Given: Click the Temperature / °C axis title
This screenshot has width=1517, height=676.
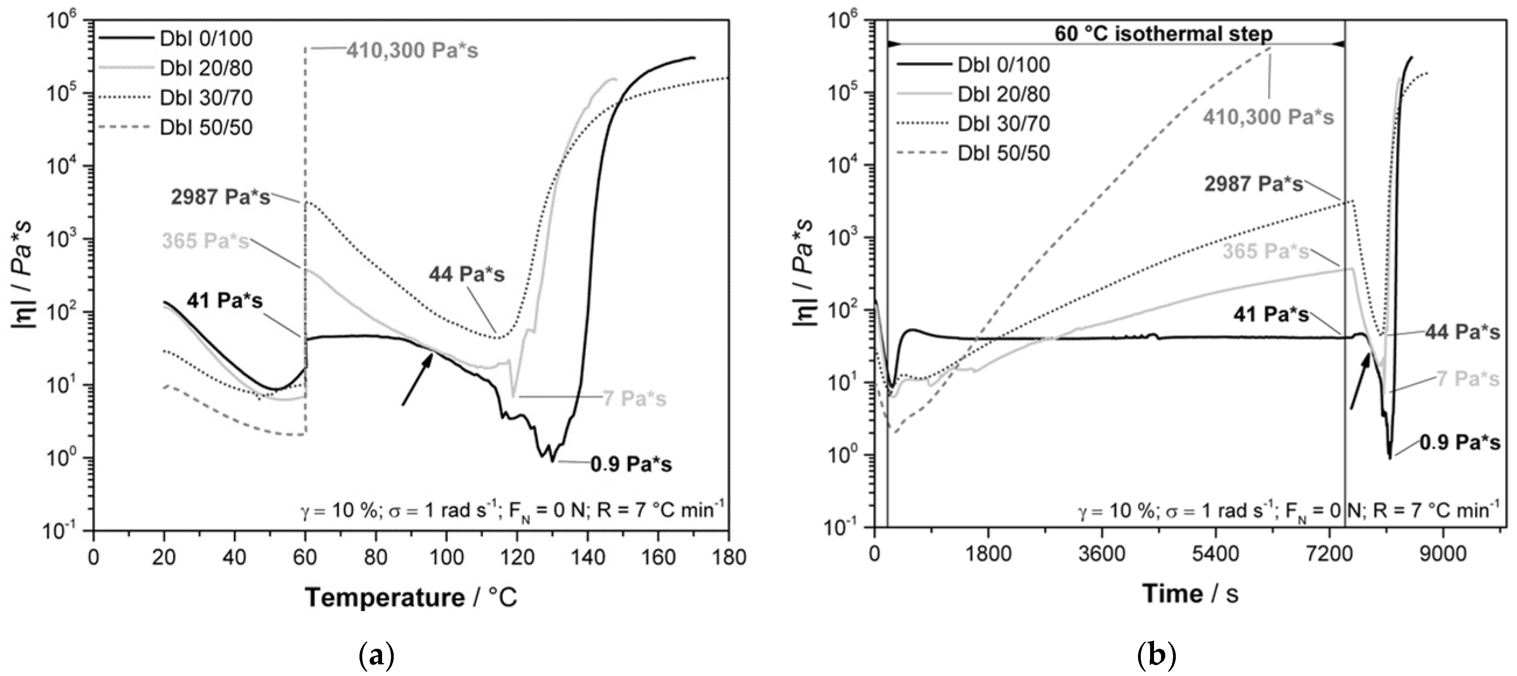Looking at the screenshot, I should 411,598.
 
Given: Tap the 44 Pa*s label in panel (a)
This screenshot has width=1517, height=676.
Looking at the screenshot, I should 466,274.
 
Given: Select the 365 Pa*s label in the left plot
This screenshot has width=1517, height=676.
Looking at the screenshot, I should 205,242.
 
